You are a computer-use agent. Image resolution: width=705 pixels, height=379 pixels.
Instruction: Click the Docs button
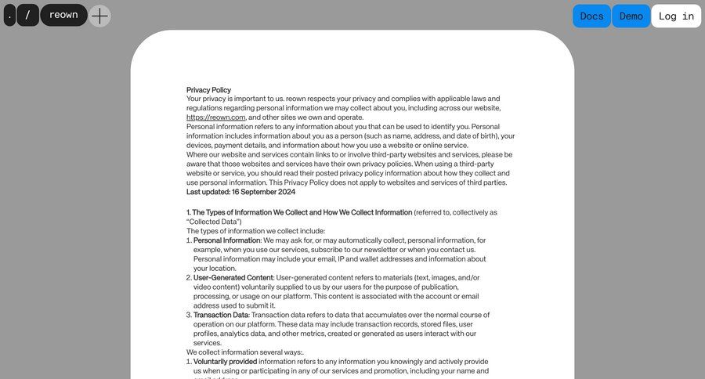click(591, 16)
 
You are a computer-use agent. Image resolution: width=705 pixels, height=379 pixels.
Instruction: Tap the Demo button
click(631, 16)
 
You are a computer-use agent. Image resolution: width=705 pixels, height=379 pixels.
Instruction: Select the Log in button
click(676, 16)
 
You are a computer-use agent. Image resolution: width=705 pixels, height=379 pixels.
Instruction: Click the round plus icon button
click(99, 16)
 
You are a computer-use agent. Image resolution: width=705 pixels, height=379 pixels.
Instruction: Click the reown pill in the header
click(63, 15)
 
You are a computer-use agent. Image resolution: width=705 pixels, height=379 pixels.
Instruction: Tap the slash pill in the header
click(27, 15)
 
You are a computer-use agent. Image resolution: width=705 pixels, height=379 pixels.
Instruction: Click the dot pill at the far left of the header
click(9, 15)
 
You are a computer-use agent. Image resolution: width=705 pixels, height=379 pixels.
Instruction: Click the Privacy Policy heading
click(208, 90)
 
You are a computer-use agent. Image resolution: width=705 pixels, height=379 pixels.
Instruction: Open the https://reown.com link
click(216, 117)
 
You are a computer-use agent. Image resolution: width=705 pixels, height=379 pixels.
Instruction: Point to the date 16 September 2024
click(263, 192)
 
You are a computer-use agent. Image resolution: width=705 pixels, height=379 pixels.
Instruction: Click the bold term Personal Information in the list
click(226, 240)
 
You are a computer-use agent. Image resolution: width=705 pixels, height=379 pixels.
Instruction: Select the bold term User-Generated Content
click(233, 278)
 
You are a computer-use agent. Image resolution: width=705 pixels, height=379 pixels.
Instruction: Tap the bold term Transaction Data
click(221, 315)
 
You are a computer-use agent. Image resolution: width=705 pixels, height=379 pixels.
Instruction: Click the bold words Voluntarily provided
click(225, 362)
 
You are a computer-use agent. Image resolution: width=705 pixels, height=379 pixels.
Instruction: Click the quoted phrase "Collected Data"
click(212, 222)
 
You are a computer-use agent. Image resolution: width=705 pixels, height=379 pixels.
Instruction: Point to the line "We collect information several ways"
click(244, 352)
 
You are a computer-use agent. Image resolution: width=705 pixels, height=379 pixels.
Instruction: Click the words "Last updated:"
click(208, 192)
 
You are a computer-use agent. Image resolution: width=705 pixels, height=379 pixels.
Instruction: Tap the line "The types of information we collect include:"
click(255, 231)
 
